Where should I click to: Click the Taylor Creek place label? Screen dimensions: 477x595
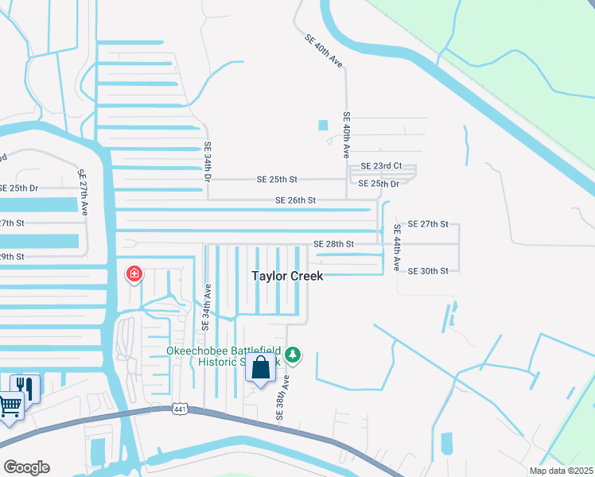[287, 276]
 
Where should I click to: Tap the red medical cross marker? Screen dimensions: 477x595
[134, 275]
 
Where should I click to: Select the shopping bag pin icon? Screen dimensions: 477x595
[260, 368]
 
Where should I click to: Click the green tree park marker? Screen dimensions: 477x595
[294, 354]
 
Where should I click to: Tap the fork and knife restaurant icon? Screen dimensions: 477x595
[25, 387]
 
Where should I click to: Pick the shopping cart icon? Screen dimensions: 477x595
[10, 405]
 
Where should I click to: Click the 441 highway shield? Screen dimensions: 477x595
[180, 408]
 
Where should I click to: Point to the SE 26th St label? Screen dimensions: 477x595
[296, 200]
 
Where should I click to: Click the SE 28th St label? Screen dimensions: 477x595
[333, 244]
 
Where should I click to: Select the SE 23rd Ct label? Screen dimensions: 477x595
[382, 166]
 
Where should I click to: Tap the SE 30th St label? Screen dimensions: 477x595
[428, 271]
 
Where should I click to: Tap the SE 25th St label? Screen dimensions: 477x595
[277, 180]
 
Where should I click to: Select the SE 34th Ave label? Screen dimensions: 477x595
[207, 305]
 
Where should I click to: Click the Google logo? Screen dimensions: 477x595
[26, 467]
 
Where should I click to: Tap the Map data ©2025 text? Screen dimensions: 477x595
[561, 471]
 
